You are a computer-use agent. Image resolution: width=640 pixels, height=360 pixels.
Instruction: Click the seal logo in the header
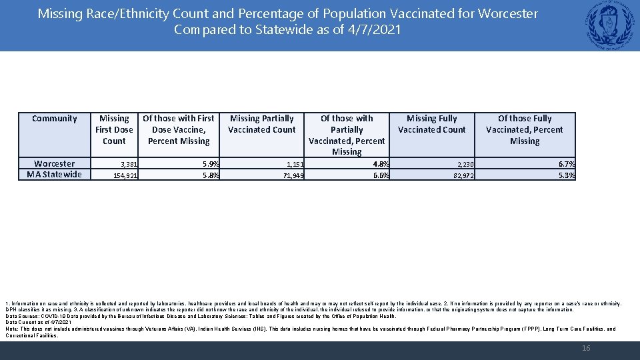611,25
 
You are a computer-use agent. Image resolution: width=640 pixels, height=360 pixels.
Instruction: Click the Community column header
55,119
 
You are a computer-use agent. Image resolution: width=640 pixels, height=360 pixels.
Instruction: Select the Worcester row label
55,163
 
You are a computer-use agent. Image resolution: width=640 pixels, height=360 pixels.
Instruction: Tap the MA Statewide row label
55,175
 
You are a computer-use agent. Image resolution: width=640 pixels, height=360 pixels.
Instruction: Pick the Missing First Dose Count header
114,129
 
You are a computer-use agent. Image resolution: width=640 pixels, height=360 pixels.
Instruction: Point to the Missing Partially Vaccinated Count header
261,124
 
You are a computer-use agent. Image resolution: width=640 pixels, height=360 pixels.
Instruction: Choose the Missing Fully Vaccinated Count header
431,124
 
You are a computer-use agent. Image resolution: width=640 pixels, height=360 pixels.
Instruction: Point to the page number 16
586,348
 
